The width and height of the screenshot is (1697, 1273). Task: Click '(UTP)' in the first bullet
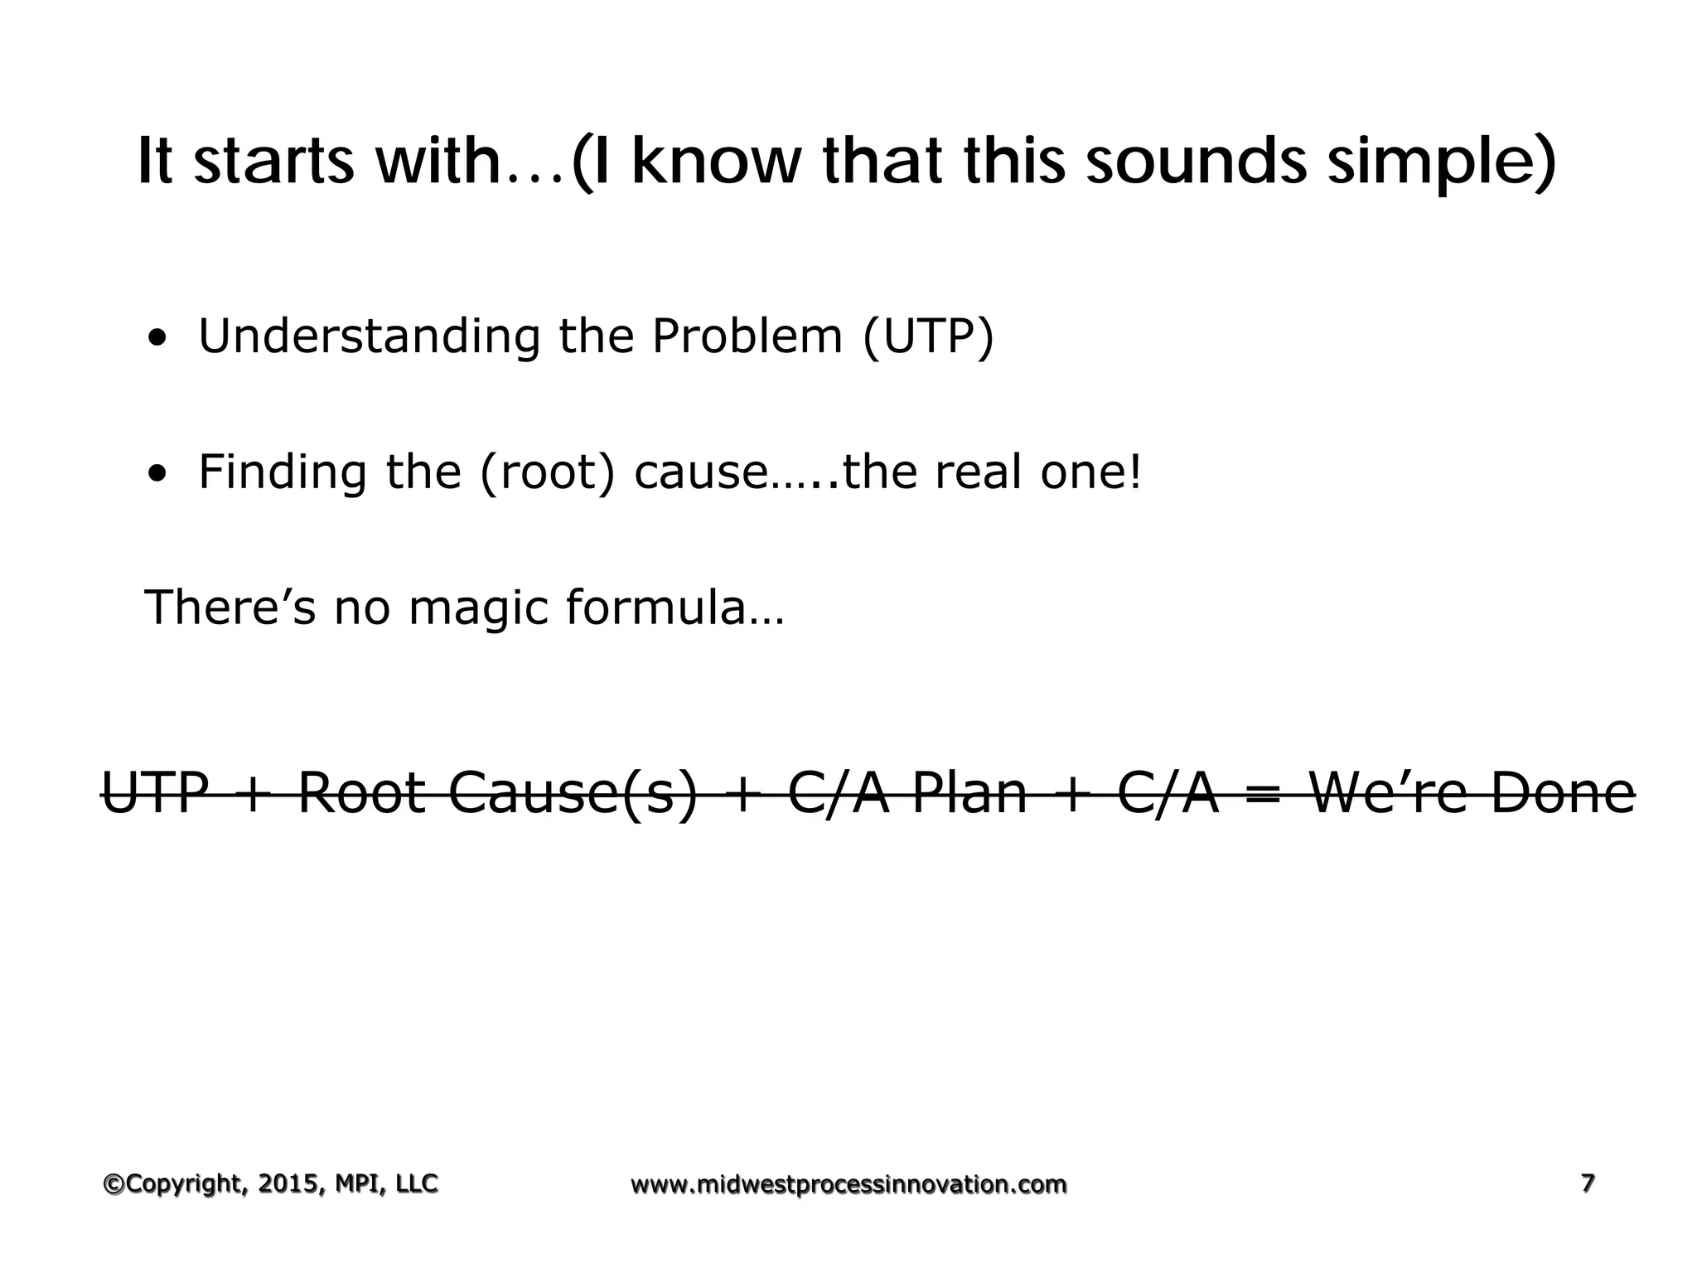tap(927, 337)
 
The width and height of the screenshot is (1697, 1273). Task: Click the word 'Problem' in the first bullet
tap(747, 337)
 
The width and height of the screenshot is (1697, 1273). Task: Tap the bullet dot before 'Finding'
tap(156, 475)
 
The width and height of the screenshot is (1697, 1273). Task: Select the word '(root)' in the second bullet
tap(548, 473)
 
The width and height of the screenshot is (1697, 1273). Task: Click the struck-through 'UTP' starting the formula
tap(155, 793)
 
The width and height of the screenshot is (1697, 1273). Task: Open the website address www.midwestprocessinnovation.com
tap(848, 1185)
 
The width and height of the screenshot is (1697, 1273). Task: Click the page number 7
tap(1588, 1183)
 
